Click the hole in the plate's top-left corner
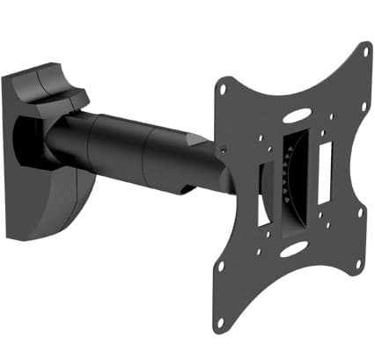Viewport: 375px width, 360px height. click(x=224, y=88)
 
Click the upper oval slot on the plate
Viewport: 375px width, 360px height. click(x=297, y=114)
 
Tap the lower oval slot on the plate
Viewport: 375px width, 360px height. click(x=290, y=251)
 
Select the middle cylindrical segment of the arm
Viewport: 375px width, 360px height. click(x=123, y=145)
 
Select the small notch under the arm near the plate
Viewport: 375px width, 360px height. click(x=190, y=187)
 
